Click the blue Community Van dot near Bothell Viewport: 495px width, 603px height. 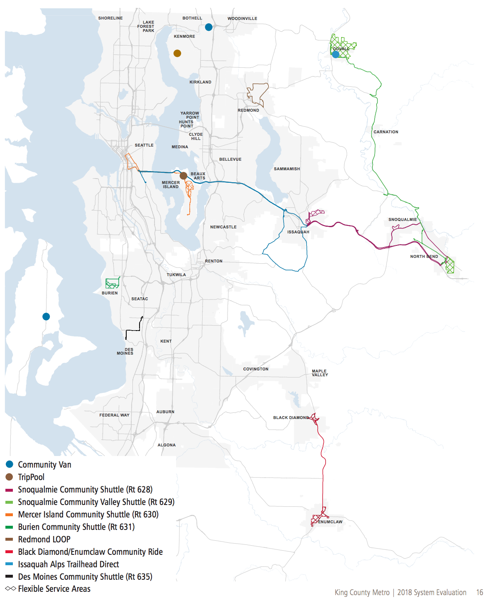click(208, 27)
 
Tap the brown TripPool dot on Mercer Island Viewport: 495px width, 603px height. click(183, 176)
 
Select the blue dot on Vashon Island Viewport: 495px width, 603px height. click(46, 316)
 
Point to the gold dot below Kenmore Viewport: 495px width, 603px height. click(177, 53)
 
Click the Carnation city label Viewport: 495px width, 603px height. click(385, 132)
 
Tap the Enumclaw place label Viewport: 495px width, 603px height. click(330, 522)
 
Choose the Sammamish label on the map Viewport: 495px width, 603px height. click(287, 169)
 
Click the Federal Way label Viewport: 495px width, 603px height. click(114, 415)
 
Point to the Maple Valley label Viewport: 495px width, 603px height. click(320, 373)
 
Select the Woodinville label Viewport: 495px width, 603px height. click(242, 19)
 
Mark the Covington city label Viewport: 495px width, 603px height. click(255, 369)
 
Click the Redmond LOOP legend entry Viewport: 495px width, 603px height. click(44, 539)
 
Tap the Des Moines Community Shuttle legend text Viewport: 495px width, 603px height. click(85, 577)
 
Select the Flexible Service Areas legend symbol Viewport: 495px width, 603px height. click(10, 589)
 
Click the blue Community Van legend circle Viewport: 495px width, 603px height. click(9, 464)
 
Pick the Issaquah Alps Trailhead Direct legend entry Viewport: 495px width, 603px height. click(68, 564)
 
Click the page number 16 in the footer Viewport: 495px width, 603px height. click(480, 593)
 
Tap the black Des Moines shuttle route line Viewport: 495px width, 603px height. click(133, 331)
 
